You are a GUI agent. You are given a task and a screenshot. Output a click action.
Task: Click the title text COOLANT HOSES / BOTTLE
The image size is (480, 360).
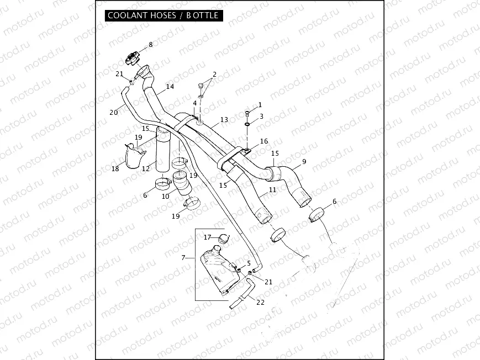coord(163,15)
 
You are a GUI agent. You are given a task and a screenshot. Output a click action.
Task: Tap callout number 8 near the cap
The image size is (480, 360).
coord(150,45)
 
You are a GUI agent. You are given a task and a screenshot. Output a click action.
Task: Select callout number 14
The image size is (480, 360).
coord(170,87)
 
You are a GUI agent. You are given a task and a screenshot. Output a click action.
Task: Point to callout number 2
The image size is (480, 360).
coord(215,74)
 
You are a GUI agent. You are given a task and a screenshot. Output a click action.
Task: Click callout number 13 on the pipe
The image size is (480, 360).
coord(224,120)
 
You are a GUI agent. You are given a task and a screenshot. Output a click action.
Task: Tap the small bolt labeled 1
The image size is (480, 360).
coord(247,113)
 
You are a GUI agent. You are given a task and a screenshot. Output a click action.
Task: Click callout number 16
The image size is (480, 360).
coord(264,141)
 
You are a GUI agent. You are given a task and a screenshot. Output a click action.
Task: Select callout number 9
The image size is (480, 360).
coord(303,162)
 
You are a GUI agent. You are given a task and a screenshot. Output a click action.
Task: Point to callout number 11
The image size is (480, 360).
coord(272,189)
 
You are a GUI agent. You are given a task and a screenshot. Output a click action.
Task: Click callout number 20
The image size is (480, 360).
coord(114,112)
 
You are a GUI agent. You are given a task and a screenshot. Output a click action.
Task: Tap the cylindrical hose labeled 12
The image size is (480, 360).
coord(163,151)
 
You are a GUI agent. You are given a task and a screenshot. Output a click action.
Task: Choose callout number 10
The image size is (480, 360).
coord(166,197)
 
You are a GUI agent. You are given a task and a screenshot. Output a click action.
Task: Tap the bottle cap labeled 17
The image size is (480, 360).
coord(223,239)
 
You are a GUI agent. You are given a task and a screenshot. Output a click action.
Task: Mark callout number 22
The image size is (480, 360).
coord(261,301)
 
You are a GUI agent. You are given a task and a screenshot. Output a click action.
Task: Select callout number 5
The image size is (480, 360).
coord(249,263)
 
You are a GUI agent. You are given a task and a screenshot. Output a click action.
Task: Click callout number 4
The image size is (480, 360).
coord(194,103)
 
